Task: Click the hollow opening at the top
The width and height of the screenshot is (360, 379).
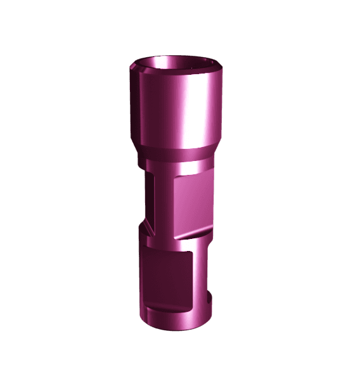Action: tap(176, 65)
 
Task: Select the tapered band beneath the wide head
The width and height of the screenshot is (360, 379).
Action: tap(177, 154)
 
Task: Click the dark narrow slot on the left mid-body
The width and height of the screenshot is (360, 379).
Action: tap(150, 196)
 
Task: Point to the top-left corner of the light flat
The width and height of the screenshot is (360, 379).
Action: tap(176, 181)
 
